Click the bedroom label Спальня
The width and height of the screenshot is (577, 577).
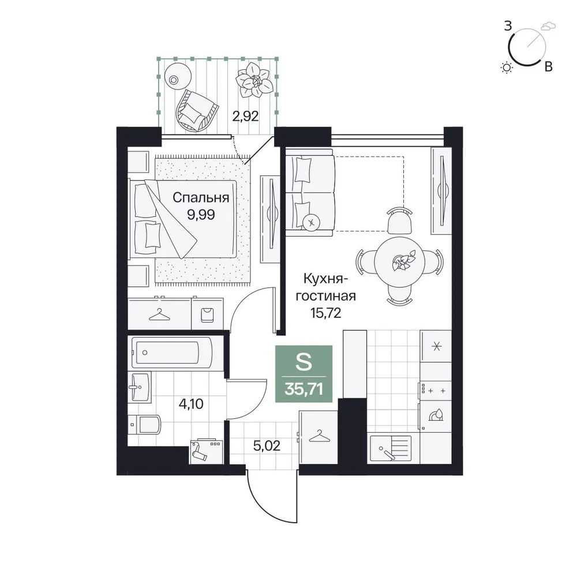[x=201, y=198]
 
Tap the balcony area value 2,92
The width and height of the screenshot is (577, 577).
[x=245, y=116]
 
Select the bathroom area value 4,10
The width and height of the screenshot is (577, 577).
[x=190, y=404]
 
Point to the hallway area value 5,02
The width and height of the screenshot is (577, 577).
[x=267, y=445]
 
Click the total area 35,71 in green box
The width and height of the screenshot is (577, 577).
[x=304, y=388]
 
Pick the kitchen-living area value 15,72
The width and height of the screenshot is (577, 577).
[x=325, y=313]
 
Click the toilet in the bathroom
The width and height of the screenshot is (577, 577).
[x=145, y=425]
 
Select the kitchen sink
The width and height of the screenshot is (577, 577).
[x=391, y=448]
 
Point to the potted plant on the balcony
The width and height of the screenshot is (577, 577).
[x=254, y=80]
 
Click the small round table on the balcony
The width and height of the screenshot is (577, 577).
[x=178, y=76]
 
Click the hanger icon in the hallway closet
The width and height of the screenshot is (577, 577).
[x=319, y=436]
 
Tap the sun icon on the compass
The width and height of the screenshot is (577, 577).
[x=507, y=68]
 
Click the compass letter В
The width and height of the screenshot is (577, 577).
[x=548, y=66]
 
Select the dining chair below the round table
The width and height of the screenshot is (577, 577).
[x=400, y=295]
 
